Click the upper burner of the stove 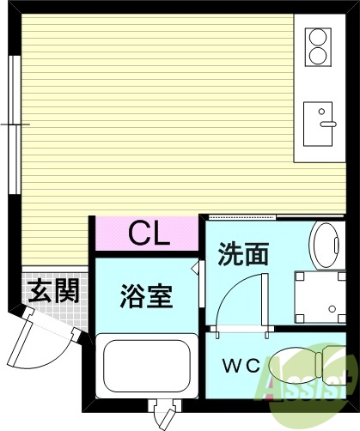tap(318, 39)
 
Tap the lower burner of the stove tap(318, 58)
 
